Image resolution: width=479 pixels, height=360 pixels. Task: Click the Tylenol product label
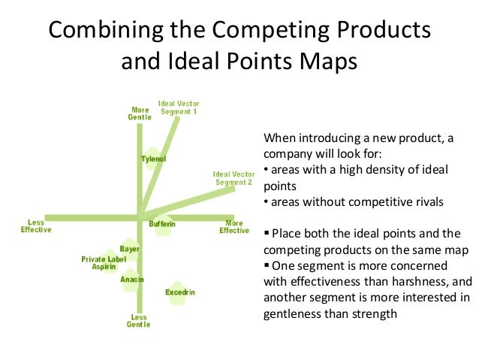[154, 159]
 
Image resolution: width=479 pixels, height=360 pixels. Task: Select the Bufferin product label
[162, 225]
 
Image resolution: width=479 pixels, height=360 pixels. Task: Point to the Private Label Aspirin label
[104, 263]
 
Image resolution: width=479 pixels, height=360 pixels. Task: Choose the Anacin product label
[132, 280]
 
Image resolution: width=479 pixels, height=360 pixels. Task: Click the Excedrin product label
[180, 292]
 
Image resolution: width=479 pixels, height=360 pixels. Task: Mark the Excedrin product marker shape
[177, 295]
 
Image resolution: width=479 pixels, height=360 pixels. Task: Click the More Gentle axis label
[140, 113]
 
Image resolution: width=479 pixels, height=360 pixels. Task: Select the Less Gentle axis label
[139, 321]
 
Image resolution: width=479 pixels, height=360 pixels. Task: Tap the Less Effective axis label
[36, 226]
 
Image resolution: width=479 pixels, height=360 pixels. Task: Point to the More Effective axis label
[234, 226]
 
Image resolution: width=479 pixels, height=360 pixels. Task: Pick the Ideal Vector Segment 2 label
[233, 178]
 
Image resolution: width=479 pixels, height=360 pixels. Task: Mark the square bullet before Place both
[267, 234]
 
